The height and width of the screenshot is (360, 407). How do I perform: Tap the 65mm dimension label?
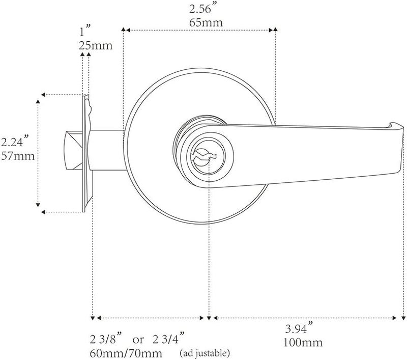point(206,22)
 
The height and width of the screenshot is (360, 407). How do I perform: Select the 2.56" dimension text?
point(203,9)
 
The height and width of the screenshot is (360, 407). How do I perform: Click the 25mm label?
point(96,46)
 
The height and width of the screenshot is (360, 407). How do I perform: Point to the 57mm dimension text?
point(18,156)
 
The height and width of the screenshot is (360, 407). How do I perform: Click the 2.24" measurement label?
point(15,142)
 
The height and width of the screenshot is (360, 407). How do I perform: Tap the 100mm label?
point(303,343)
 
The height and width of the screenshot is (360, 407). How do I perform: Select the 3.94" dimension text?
point(299,328)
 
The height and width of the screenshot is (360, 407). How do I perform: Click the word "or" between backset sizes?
point(138,340)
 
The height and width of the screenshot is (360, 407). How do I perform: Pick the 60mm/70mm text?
point(126,353)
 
